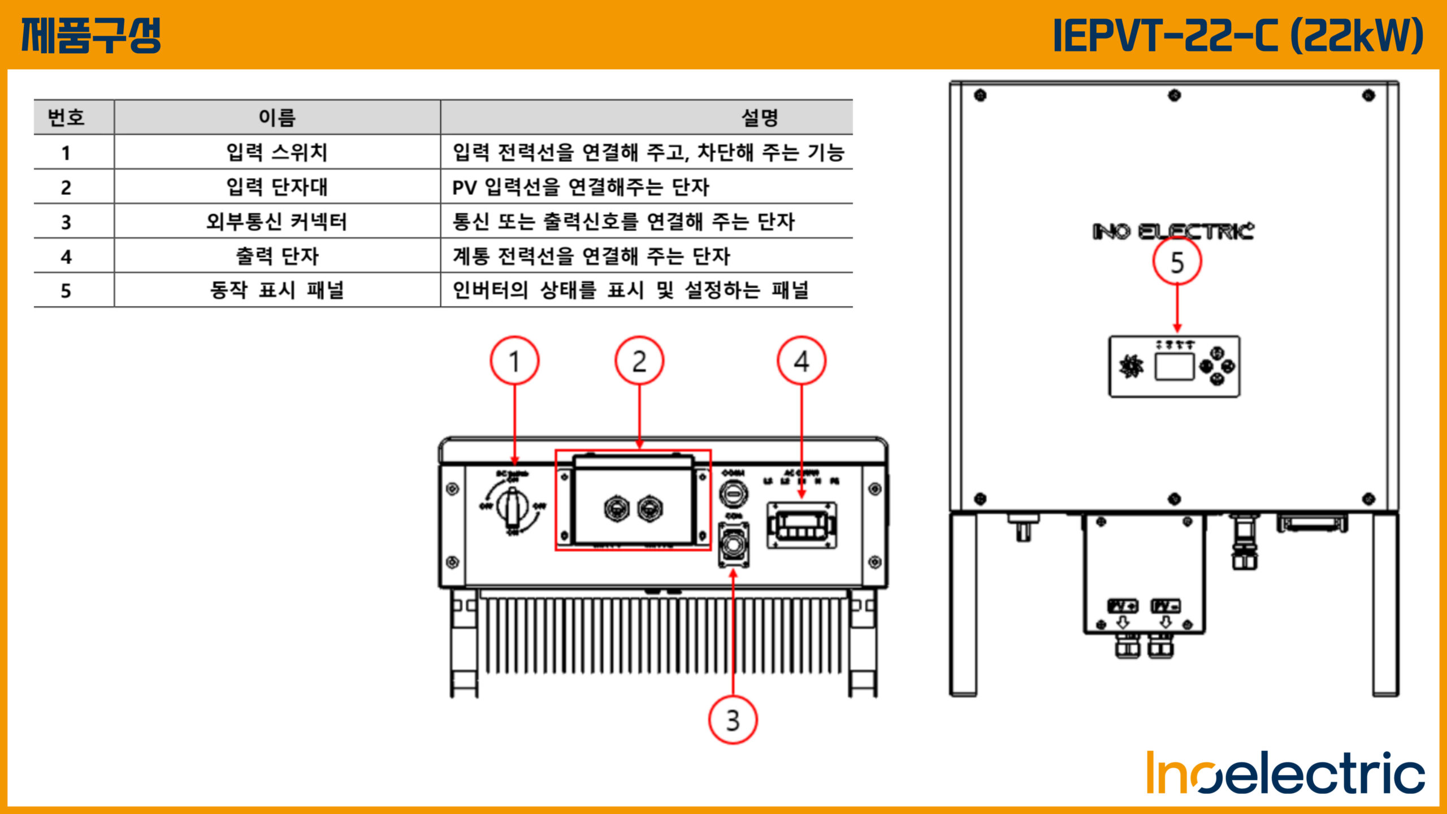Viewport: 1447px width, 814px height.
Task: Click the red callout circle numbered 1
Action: click(514, 361)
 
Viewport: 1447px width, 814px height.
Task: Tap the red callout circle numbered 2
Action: click(639, 361)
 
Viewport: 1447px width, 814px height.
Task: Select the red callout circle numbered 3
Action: click(733, 720)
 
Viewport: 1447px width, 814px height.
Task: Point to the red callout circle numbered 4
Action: click(802, 361)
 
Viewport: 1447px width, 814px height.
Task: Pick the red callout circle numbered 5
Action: click(1177, 262)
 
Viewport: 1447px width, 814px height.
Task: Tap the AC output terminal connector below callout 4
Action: click(802, 526)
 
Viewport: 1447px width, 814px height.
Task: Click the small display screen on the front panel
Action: click(1174, 367)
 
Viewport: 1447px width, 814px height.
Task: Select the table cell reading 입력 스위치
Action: click(277, 152)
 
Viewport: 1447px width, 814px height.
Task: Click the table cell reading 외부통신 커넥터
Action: click(277, 222)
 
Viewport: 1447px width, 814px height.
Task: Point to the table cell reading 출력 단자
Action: click(277, 256)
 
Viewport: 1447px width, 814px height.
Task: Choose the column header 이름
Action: click(277, 118)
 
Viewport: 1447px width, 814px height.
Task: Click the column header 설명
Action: click(760, 118)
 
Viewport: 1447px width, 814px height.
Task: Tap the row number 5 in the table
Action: click(66, 291)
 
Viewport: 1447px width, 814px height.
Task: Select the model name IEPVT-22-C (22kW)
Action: click(1238, 35)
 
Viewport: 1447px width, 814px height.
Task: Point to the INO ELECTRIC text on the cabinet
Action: click(1173, 231)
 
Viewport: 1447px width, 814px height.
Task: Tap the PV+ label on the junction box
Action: click(1123, 606)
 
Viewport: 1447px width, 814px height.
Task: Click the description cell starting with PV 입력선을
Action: click(580, 187)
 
